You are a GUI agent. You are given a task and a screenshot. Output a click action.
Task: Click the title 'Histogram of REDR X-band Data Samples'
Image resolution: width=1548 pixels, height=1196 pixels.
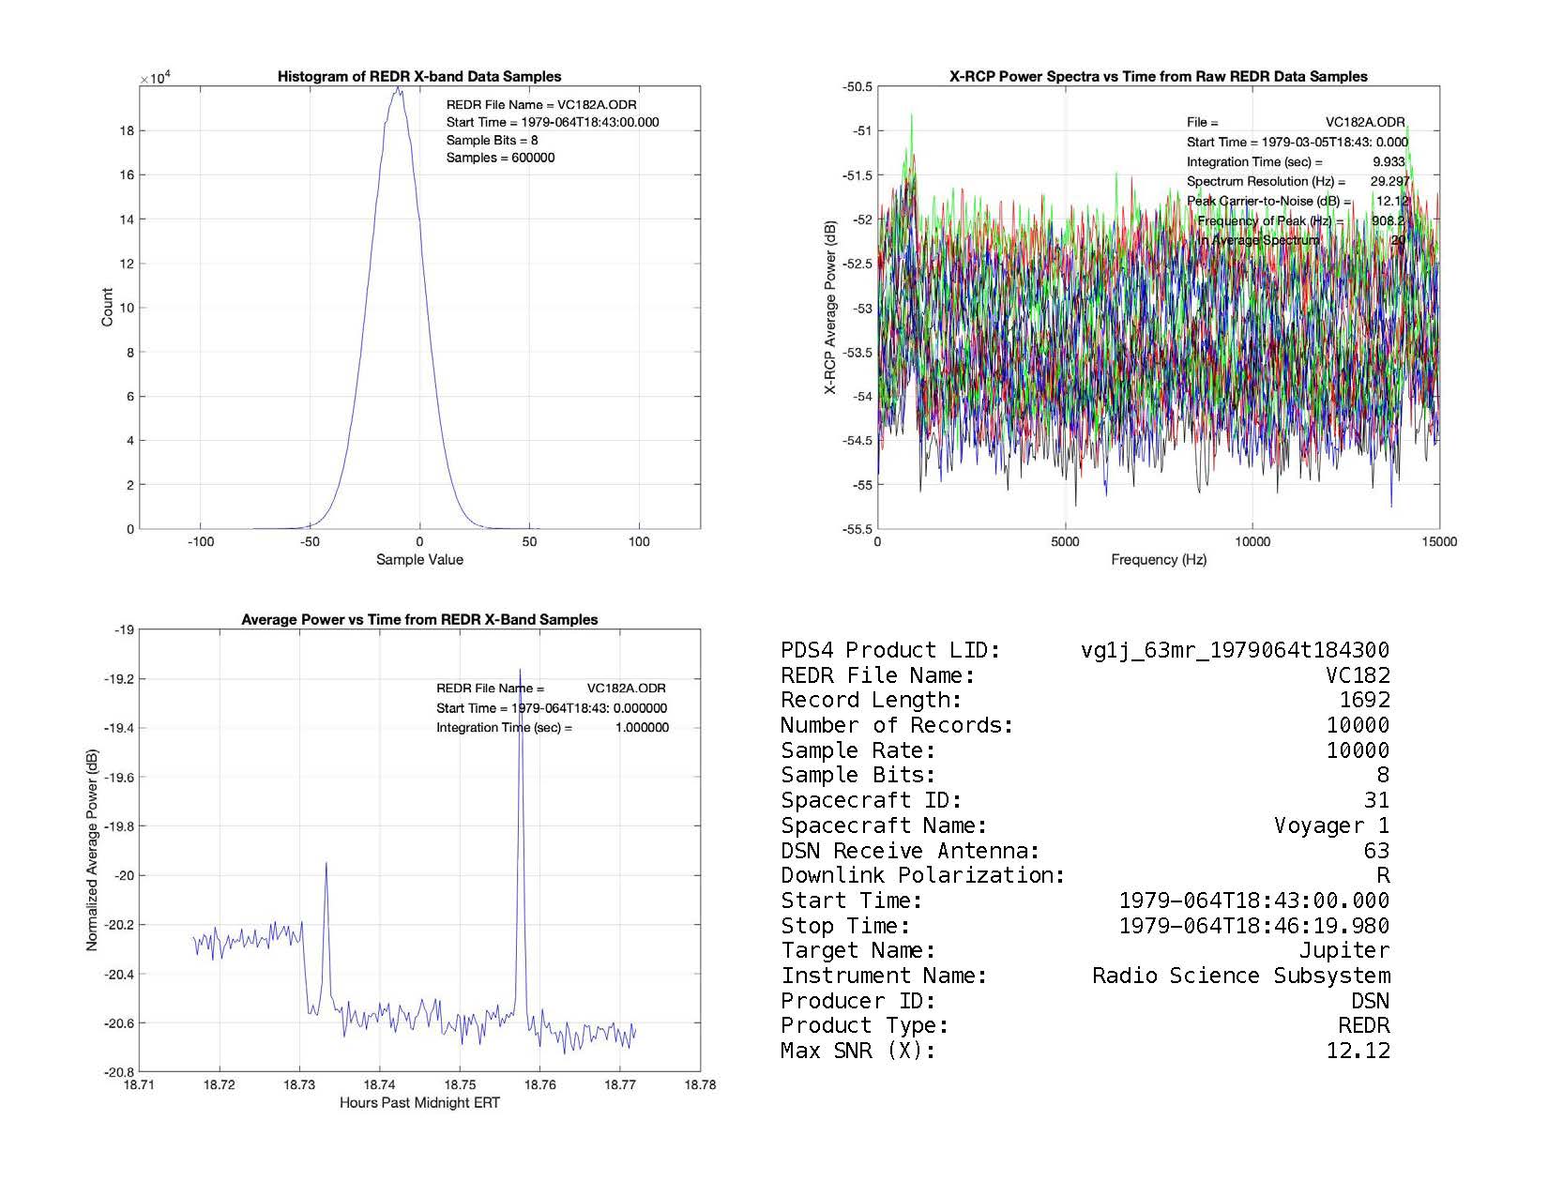[x=419, y=77]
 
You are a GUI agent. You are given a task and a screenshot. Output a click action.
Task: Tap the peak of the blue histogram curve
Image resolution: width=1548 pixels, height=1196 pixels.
[x=398, y=88]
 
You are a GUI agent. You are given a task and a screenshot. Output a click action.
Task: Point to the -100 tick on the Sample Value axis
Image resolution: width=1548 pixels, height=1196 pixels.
[x=200, y=541]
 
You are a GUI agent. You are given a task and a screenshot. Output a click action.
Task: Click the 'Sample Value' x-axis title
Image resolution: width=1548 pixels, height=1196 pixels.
[x=419, y=560]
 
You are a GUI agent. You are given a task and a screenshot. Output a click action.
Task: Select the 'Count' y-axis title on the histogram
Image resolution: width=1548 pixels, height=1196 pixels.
[x=107, y=308]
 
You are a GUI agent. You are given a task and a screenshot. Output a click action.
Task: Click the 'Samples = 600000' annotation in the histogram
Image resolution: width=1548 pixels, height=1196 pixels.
[x=500, y=158]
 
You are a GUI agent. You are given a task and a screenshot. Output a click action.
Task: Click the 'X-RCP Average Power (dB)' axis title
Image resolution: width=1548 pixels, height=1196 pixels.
[x=830, y=308]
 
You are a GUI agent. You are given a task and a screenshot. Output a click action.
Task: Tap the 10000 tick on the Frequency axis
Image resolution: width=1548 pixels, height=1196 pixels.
[x=1252, y=541]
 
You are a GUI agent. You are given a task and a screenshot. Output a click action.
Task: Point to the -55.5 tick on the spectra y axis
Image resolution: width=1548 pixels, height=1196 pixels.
[x=857, y=529]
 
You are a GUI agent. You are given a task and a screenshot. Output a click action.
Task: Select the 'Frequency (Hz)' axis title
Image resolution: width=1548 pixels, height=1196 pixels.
[x=1159, y=560]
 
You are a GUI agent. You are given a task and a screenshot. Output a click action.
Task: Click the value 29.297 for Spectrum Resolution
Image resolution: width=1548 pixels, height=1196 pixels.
[x=1389, y=181]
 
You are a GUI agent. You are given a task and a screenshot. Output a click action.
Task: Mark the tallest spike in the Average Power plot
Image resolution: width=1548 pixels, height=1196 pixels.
[x=520, y=670]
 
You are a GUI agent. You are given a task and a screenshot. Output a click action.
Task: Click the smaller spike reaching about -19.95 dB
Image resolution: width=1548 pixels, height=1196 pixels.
[x=326, y=864]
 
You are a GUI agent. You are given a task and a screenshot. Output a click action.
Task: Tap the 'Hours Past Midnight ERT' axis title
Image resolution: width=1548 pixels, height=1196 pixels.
[x=419, y=1103]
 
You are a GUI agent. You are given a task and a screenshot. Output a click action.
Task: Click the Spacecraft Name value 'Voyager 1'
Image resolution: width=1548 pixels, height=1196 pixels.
[x=1331, y=825]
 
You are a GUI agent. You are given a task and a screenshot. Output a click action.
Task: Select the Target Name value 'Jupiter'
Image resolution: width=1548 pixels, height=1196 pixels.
[x=1343, y=950]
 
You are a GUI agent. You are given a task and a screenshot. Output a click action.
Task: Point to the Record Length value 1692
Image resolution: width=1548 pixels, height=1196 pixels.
[x=1364, y=700]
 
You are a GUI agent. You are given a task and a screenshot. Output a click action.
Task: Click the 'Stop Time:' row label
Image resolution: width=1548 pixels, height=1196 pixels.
[x=845, y=926]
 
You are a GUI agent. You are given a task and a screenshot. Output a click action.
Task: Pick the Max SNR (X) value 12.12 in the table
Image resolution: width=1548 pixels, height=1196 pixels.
[x=1358, y=1051]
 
